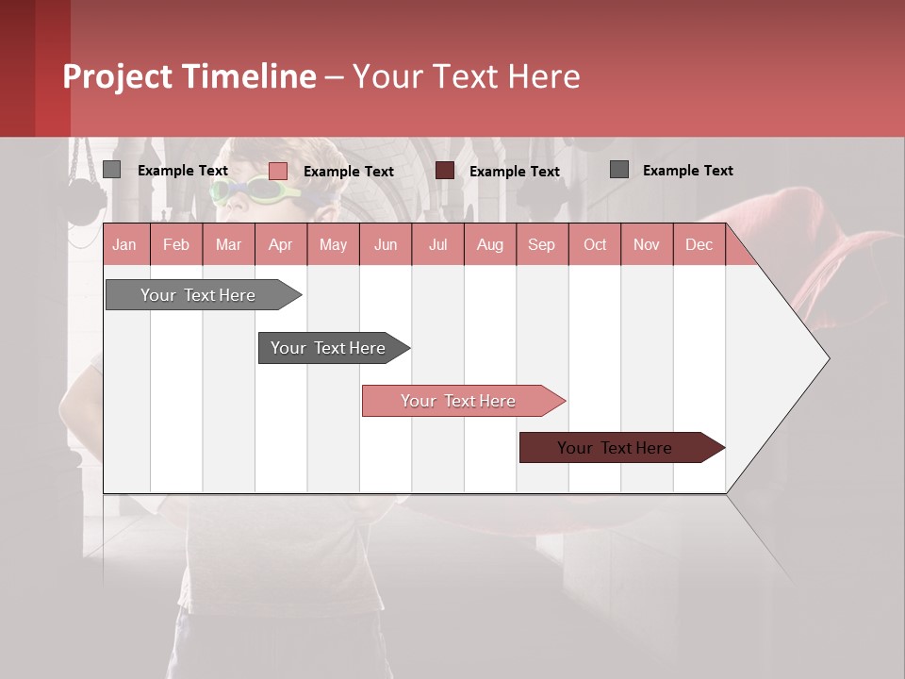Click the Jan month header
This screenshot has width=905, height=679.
[124, 244]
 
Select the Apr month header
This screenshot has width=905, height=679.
[280, 244]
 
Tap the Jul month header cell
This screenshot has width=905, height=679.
[437, 244]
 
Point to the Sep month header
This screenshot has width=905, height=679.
[541, 244]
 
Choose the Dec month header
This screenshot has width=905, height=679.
[699, 244]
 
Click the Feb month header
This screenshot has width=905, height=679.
[176, 244]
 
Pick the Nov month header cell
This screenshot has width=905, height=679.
[646, 244]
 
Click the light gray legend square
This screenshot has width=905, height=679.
[111, 170]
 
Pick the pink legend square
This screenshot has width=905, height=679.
[277, 171]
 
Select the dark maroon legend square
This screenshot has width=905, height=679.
[444, 171]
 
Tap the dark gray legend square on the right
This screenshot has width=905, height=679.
[618, 170]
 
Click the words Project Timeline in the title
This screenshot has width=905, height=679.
[189, 76]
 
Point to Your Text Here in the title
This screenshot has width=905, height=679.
[466, 76]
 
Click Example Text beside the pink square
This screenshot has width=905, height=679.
[348, 172]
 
